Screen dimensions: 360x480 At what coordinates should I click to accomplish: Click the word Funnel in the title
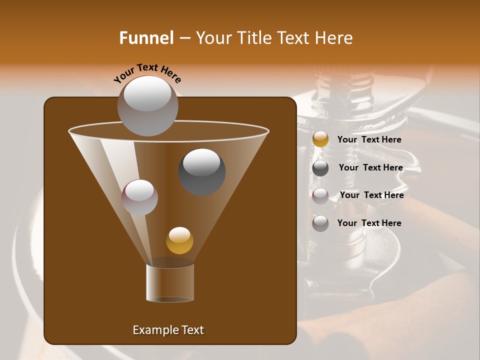[x=146, y=38]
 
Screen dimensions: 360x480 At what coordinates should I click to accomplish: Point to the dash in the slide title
[x=184, y=38]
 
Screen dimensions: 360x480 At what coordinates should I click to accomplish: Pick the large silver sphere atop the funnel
[x=147, y=105]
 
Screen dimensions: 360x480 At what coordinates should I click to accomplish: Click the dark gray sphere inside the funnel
[x=202, y=171]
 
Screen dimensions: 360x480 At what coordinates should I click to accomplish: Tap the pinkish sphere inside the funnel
[x=139, y=197]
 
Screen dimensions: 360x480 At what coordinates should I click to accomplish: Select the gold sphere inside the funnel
[x=179, y=240]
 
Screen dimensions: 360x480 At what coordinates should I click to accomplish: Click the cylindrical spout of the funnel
[x=170, y=282]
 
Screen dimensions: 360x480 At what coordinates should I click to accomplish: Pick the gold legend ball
[x=320, y=139]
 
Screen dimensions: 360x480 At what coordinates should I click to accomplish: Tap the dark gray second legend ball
[x=320, y=168]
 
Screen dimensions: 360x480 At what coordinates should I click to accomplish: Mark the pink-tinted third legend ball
[x=320, y=195]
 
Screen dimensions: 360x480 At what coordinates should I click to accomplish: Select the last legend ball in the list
[x=320, y=223]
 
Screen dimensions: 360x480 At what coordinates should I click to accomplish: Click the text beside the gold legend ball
[x=369, y=139]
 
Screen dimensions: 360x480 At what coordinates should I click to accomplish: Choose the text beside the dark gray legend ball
[x=370, y=167]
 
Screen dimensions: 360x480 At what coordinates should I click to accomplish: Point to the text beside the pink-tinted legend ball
[x=371, y=195]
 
